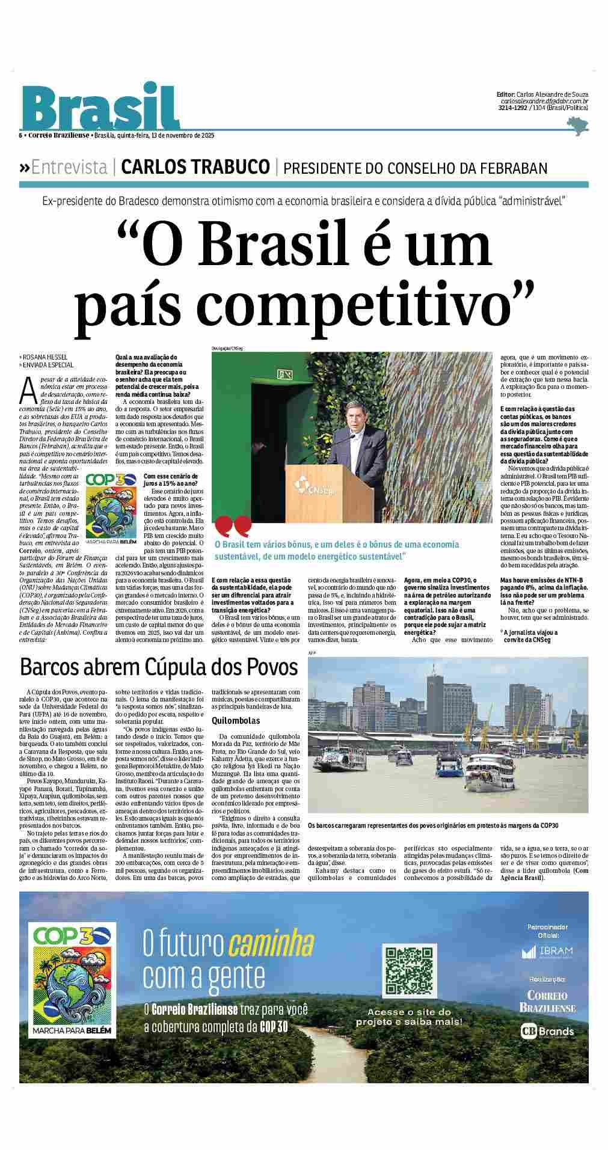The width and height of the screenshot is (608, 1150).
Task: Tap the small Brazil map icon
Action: [578, 126]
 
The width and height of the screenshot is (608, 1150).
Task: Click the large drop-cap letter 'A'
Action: [27, 389]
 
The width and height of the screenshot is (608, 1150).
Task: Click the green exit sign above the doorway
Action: [284, 375]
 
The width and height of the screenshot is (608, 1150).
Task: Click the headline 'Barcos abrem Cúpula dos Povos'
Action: [159, 667]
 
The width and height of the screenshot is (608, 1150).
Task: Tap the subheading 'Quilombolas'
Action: [236, 720]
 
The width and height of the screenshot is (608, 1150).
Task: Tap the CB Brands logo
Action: [547, 1031]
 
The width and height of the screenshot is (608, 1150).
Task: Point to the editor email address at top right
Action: [544, 102]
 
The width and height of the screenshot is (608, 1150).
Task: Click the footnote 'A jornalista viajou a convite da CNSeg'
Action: [529, 635]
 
